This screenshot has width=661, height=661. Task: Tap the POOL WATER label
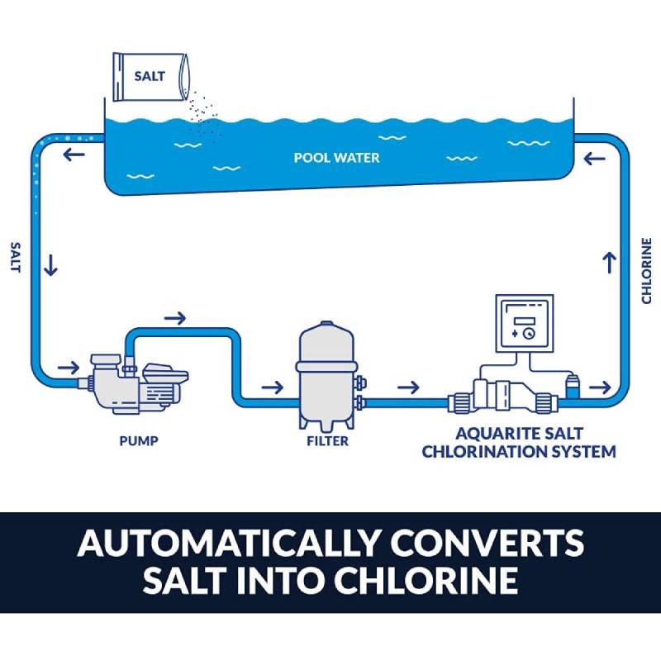[x=337, y=157]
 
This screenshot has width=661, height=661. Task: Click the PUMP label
[x=137, y=440]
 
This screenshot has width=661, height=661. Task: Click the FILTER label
[x=327, y=440]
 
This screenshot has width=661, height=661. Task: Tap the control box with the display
[x=522, y=326]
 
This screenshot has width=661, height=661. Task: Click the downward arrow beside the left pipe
[x=51, y=265]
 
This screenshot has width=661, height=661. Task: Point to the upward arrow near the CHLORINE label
[x=611, y=263]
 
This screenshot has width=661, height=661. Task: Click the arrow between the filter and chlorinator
[x=408, y=387]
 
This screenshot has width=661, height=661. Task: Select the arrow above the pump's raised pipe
[x=175, y=317]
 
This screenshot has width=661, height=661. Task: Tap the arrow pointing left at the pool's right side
[x=594, y=157]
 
